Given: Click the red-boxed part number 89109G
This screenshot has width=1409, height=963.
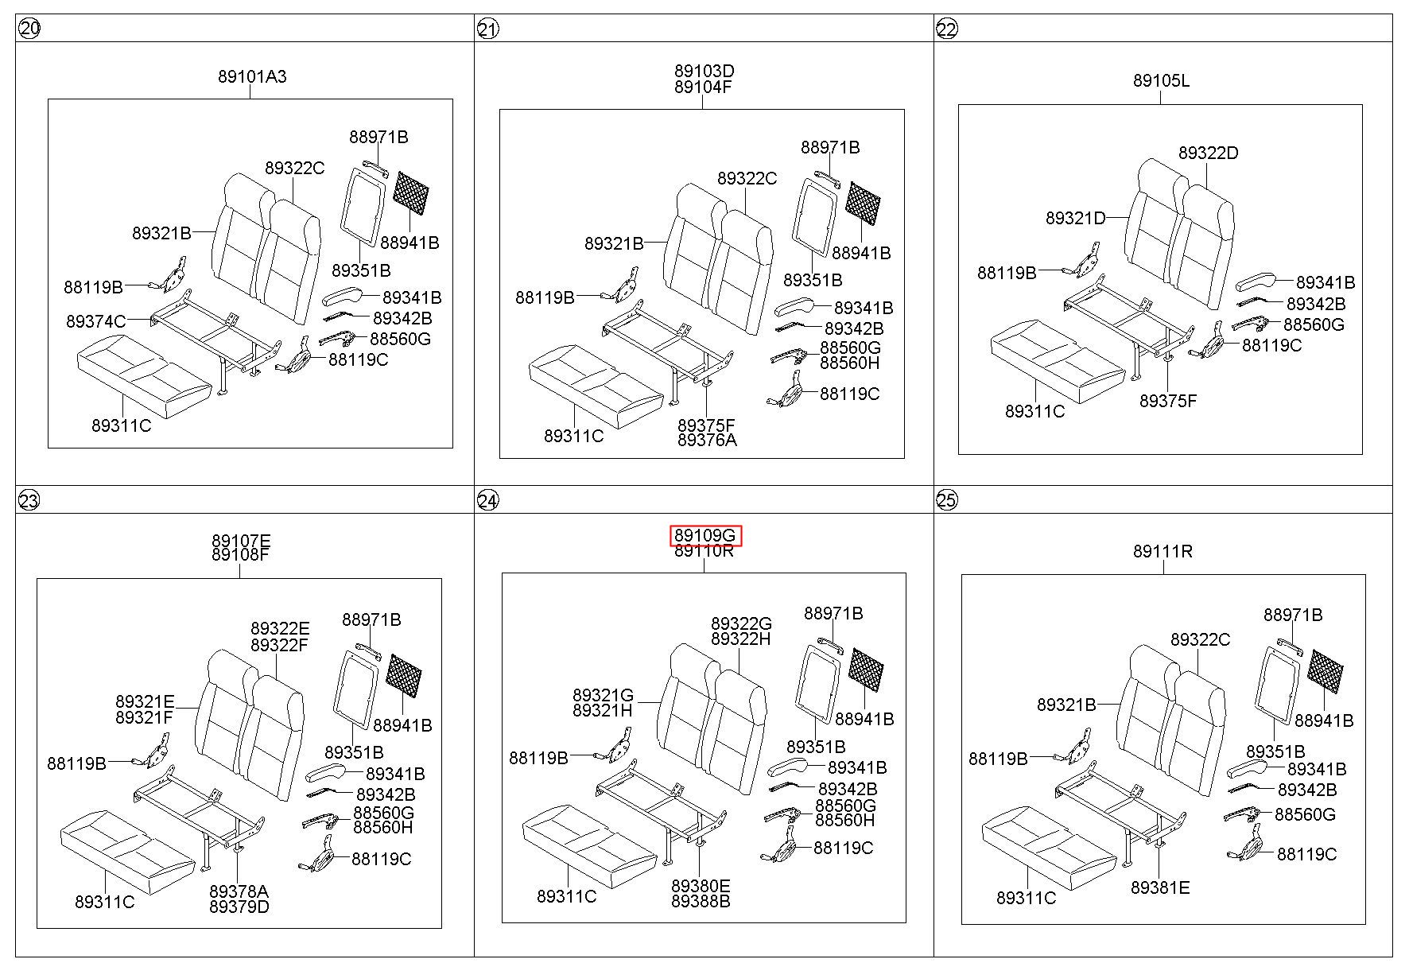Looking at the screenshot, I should (704, 536).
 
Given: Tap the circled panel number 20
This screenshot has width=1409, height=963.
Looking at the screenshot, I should (29, 29).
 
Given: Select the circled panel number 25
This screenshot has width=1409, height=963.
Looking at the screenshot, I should (947, 500).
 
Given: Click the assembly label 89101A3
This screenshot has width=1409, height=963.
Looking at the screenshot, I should (252, 77).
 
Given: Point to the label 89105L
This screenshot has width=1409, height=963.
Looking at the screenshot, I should (1161, 81).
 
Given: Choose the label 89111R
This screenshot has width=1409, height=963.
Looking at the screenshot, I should (1162, 551).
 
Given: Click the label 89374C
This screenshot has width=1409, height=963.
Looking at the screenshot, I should (96, 321).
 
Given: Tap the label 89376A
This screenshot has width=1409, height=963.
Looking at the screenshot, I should (707, 440).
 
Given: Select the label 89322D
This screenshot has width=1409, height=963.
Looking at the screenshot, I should (1208, 153).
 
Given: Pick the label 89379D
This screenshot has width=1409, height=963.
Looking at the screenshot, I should (239, 907).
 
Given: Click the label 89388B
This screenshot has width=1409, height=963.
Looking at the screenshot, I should (701, 901).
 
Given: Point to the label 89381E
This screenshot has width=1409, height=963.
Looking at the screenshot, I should (1160, 887).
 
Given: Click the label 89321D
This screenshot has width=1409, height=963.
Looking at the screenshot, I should (1075, 218).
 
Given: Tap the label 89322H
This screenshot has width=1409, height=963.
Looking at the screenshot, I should (741, 639).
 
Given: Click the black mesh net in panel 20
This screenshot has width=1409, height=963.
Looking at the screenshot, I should (412, 192).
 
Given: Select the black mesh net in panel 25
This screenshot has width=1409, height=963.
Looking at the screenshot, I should (1326, 670).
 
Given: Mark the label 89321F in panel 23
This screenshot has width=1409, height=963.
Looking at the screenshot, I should (144, 717).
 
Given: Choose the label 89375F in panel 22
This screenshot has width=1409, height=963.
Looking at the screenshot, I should (1167, 401).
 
